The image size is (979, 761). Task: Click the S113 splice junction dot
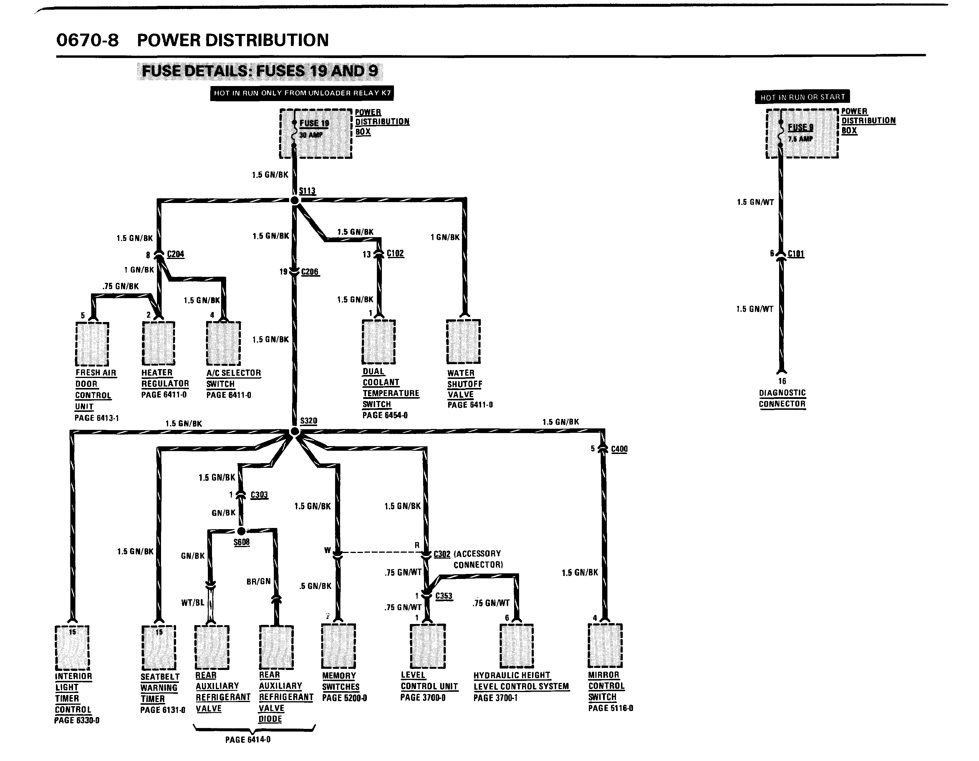click(294, 200)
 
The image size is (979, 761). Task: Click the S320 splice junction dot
click(294, 431)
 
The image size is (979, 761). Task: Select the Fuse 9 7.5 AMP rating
click(800, 139)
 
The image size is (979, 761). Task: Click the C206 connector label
click(310, 272)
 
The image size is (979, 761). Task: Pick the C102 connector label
click(395, 253)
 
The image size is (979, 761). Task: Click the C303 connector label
click(259, 495)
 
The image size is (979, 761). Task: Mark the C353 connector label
click(444, 596)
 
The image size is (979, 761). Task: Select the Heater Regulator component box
click(158, 343)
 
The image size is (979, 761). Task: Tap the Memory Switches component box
click(338, 646)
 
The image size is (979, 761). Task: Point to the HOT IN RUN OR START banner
click(802, 97)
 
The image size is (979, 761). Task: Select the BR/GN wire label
click(259, 582)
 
